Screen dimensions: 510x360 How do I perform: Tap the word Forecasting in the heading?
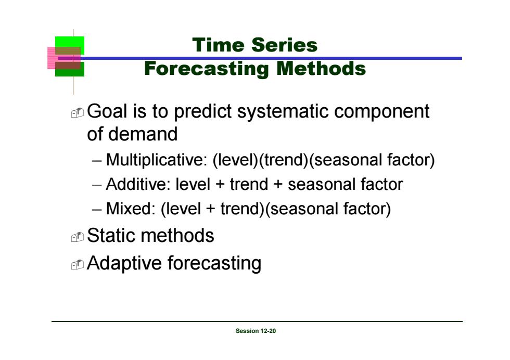tap(207, 69)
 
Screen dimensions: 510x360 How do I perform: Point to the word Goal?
tap(107, 111)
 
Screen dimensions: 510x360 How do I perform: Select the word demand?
tap(143, 134)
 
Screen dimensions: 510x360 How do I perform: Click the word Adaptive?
tap(124, 263)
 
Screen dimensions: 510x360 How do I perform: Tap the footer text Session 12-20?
tap(256, 331)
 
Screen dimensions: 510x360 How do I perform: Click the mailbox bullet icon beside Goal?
tap(78, 113)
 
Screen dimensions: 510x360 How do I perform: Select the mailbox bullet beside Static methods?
tap(78, 237)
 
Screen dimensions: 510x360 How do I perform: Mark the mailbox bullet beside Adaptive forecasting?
tap(78, 265)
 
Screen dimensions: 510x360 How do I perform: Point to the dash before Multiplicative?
tap(97, 161)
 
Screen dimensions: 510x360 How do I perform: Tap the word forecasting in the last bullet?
tap(214, 263)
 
